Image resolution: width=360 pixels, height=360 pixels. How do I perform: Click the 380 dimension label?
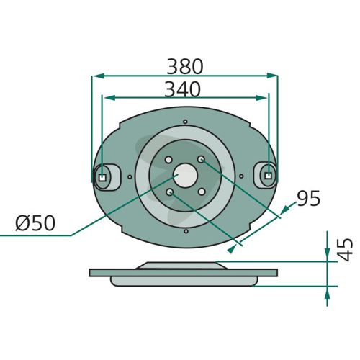pyautogui.click(x=185, y=66)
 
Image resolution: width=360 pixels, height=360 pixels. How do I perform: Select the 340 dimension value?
pyautogui.click(x=182, y=89)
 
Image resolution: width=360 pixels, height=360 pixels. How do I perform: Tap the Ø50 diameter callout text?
pyautogui.click(x=35, y=223)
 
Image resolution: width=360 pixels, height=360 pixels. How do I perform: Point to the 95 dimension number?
pyautogui.click(x=309, y=198)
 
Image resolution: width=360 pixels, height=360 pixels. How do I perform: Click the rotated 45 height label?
pyautogui.click(x=345, y=250)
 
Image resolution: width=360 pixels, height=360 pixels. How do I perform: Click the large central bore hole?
pyautogui.click(x=185, y=176)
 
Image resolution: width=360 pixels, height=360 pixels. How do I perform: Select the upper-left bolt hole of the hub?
pyautogui.click(x=168, y=160)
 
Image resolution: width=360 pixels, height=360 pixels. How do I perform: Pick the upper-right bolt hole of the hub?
pyautogui.click(x=201, y=159)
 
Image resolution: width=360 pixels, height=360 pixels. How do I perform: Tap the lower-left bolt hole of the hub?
pyautogui.click(x=170, y=192)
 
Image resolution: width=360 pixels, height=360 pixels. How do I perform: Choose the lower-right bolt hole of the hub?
pyautogui.click(x=202, y=192)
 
